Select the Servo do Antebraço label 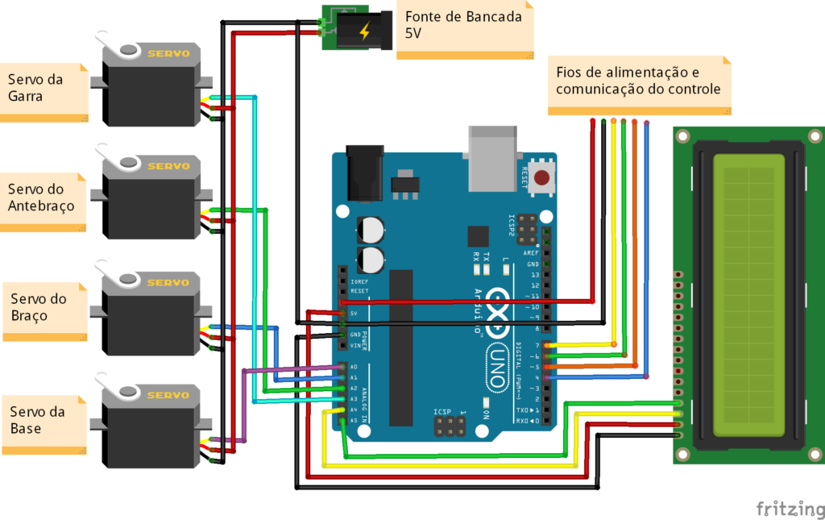pos(42,198)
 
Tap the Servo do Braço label pos(43,307)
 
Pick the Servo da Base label pos(42,420)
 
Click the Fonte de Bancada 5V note pos(464,26)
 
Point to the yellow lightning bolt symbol pos(365,31)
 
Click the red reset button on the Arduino pos(542,177)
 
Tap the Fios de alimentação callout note pos(638,82)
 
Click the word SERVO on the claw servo pos(168,54)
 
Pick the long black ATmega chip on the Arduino pos(400,347)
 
